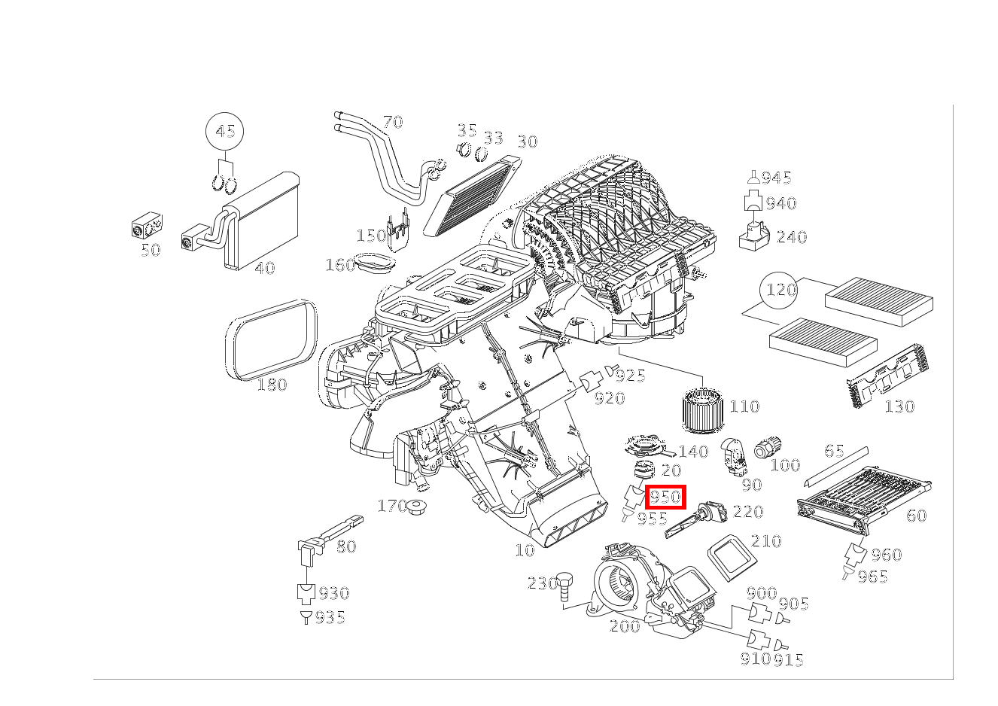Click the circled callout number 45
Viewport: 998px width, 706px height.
tap(225, 132)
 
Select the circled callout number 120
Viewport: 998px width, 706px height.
tap(780, 290)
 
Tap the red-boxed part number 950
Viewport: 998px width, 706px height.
tap(665, 497)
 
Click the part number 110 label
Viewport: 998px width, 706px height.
tap(744, 406)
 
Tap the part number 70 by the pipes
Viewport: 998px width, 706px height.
tap(393, 122)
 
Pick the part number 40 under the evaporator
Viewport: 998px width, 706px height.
tap(264, 268)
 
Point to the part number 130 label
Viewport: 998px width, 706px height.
tap(899, 407)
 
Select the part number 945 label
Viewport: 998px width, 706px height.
tap(776, 178)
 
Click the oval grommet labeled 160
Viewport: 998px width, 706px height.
tap(376, 264)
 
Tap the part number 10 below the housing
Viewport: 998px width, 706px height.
tap(525, 550)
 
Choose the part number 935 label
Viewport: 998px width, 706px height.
tap(330, 618)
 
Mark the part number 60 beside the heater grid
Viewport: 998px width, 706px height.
tap(916, 516)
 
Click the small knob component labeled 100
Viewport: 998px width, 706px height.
tap(768, 446)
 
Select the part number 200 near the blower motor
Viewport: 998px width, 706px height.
tap(625, 626)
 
